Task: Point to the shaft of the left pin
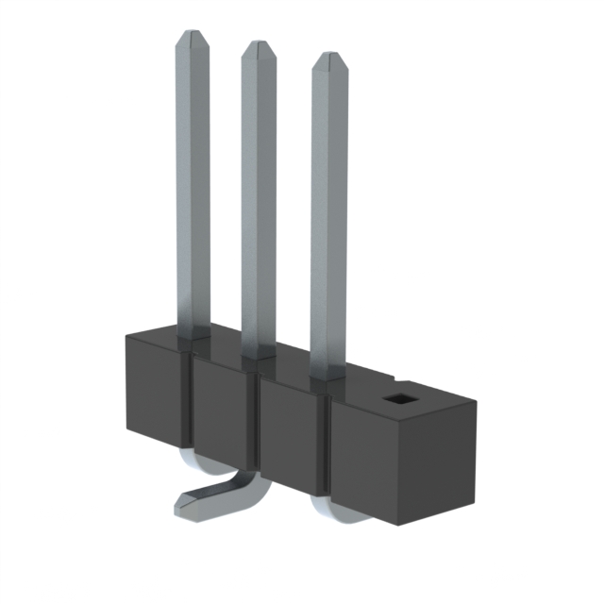point(193,189)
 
